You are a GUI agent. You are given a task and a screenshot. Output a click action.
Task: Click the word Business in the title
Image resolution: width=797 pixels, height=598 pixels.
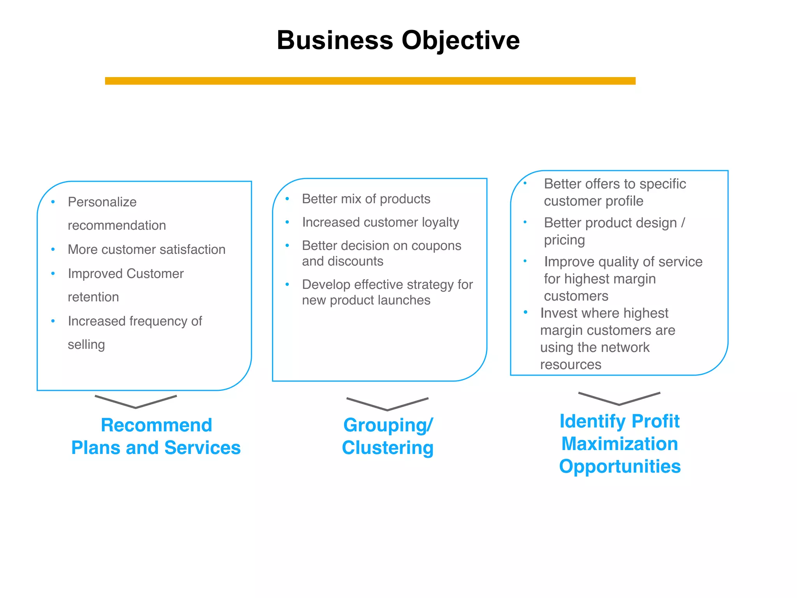tap(335, 40)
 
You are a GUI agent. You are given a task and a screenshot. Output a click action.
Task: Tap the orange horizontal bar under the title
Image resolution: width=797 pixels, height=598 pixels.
tap(370, 81)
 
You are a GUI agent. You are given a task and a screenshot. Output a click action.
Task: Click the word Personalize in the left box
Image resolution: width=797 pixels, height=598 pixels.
tap(102, 202)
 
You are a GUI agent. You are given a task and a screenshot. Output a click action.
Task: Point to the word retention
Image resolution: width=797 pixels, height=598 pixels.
tap(93, 297)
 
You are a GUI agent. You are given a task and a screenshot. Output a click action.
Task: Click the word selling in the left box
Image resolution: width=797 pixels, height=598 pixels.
tap(86, 345)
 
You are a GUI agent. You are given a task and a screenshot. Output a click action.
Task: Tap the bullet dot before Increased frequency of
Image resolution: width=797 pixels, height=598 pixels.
tap(53, 321)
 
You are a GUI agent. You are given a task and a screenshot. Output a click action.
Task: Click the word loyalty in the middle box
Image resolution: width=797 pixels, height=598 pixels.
tap(439, 222)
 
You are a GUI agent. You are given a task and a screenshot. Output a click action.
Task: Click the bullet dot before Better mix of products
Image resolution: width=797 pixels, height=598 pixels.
tap(287, 199)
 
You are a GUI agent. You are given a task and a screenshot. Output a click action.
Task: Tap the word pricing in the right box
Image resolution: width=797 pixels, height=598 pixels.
tap(564, 241)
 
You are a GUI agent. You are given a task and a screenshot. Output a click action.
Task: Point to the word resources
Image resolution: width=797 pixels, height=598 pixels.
tap(571, 365)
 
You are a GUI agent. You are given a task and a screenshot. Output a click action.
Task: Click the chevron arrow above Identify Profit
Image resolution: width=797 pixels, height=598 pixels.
tap(619, 399)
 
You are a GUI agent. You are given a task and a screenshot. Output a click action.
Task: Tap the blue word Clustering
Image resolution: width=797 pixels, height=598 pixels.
tap(388, 448)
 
